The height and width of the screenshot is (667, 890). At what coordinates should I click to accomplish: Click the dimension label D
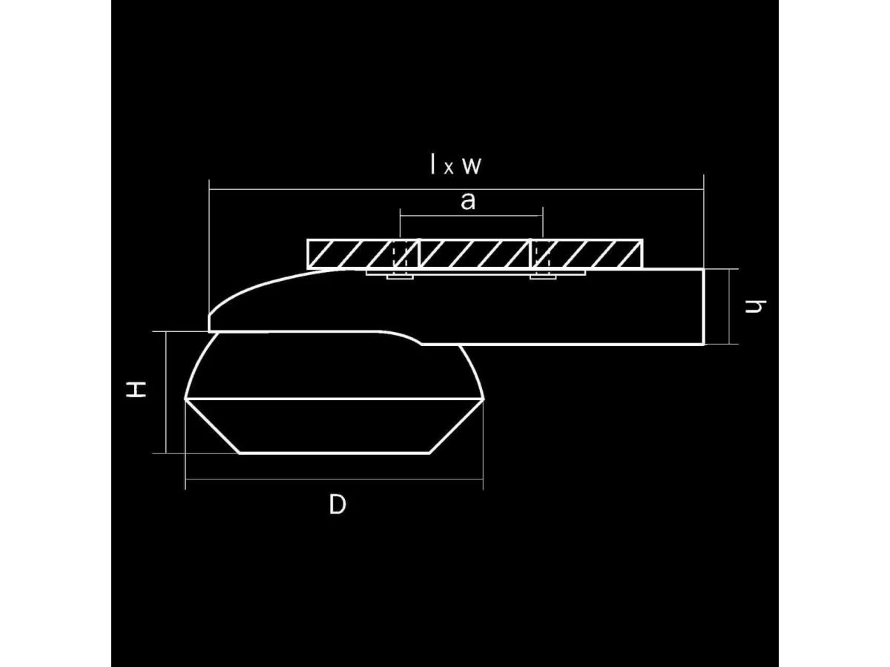337,505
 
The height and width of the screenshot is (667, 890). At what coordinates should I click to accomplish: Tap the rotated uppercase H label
136,389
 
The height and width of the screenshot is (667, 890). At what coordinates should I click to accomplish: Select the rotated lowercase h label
755,306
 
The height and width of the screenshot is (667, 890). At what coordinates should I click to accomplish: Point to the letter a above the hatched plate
468,201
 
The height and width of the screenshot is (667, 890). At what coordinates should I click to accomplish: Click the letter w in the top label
472,165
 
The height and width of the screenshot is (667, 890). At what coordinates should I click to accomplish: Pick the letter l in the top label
433,164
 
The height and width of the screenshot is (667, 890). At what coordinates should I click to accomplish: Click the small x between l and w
449,168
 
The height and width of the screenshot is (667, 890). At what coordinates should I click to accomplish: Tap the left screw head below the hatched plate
400,277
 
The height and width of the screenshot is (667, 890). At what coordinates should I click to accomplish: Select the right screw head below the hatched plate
543,277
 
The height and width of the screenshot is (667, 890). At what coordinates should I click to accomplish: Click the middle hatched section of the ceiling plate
475,254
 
